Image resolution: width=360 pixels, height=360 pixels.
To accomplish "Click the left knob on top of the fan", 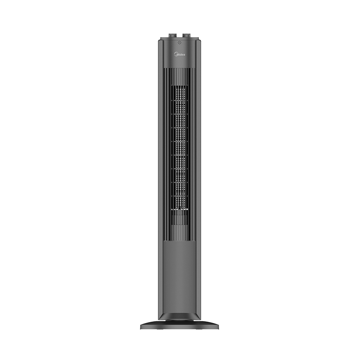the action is click(173, 36).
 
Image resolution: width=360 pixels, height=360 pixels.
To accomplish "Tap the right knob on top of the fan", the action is click(186, 36).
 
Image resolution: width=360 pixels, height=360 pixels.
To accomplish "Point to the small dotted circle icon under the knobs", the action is click(180, 43).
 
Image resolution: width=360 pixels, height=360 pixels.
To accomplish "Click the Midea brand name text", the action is click(180, 54).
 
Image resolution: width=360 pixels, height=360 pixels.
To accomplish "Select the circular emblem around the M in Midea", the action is click(175, 54).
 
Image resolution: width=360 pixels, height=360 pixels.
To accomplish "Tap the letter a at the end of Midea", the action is click(184, 54).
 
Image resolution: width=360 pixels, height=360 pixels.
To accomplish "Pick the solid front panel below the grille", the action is click(180, 275).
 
